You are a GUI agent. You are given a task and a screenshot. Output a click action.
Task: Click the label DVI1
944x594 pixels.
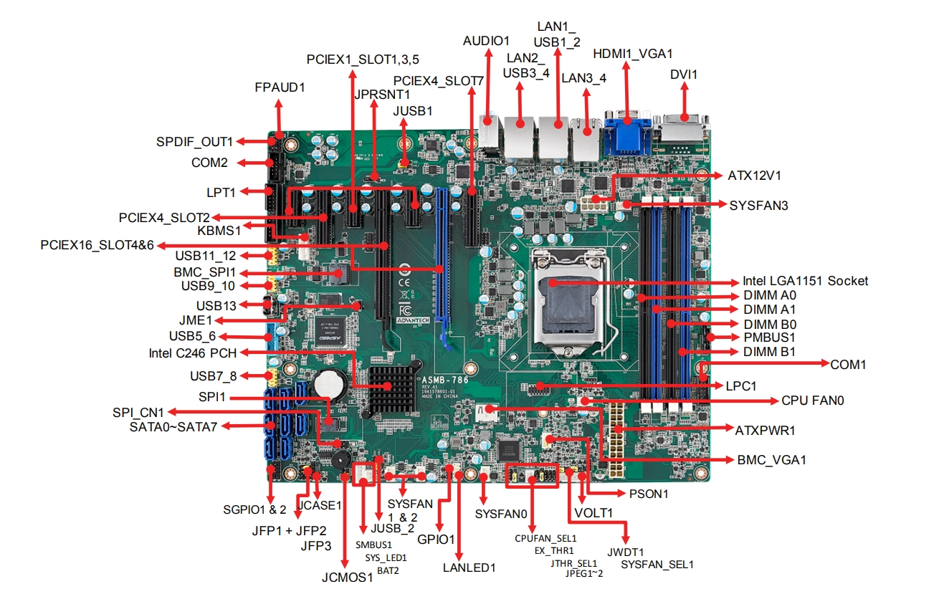click(684, 74)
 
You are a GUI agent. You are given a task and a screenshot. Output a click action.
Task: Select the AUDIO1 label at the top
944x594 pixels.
click(486, 40)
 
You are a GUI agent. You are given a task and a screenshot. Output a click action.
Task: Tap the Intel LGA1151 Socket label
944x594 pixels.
click(805, 281)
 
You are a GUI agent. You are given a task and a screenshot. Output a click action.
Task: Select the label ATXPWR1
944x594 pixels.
click(765, 431)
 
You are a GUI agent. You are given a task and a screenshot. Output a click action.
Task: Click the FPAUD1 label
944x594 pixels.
click(280, 87)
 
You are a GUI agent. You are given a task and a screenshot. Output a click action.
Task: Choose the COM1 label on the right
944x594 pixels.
click(848, 365)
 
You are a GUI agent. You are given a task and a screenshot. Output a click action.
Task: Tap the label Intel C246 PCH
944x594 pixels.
click(193, 353)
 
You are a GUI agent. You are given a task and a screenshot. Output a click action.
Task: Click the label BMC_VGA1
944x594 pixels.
click(771, 460)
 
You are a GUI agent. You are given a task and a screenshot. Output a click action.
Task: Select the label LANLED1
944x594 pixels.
click(469, 567)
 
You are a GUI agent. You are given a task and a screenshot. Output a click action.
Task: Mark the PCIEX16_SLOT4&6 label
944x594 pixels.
click(97, 246)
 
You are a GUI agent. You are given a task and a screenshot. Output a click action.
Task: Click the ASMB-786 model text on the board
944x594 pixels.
click(444, 380)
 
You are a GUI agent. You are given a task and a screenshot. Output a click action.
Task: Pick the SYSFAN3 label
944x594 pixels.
click(759, 206)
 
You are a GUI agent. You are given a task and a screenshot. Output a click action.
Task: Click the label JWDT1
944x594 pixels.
click(626, 552)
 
